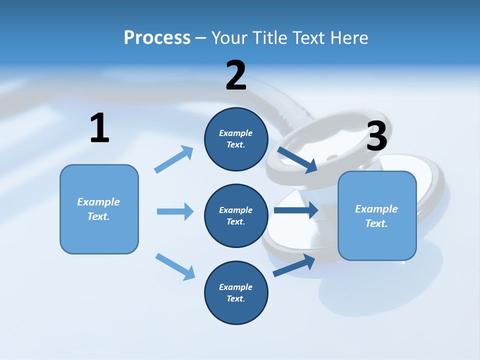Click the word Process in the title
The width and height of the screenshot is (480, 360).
pos(157,37)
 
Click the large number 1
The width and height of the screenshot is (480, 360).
pos(99,128)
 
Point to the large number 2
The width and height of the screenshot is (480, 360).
pos(236,75)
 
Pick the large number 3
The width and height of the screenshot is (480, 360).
pos(376,136)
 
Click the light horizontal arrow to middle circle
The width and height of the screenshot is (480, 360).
pos(175,211)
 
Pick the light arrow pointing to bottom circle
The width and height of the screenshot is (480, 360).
pos(175,266)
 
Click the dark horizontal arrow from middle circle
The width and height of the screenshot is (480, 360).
pos(295,210)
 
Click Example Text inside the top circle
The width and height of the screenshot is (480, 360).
pos(236,139)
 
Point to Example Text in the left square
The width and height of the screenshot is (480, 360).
pos(98,209)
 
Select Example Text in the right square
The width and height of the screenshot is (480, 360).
pos(376,216)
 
